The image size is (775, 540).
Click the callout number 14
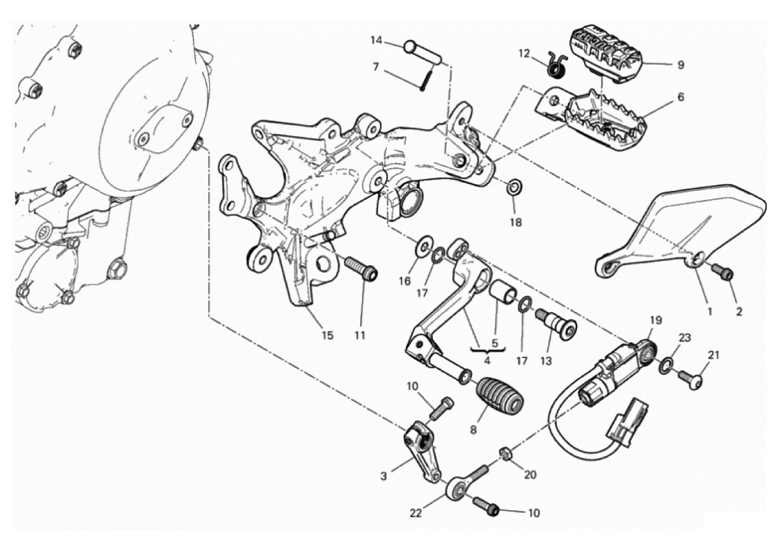[x=376, y=40]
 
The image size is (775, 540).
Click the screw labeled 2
[x=722, y=272]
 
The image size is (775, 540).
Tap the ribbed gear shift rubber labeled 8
[x=500, y=401]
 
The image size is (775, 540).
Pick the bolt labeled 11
[x=361, y=269]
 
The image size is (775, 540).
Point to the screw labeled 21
[x=691, y=379]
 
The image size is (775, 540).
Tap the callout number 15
[x=328, y=335]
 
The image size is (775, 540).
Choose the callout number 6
[x=681, y=97]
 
